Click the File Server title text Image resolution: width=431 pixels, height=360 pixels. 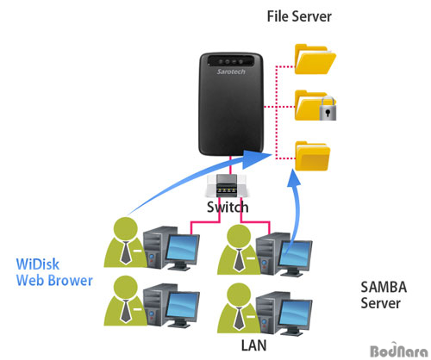coord(299,16)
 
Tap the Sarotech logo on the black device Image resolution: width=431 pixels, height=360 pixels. coord(231,71)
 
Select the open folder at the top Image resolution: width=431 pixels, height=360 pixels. coord(315,59)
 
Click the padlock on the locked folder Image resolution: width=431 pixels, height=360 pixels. coord(328,109)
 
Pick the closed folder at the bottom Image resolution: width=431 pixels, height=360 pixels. coord(312,156)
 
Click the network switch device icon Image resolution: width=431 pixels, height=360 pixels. coord(228,185)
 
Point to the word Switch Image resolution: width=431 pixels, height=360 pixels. coord(228,208)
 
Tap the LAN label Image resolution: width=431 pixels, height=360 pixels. coord(253,345)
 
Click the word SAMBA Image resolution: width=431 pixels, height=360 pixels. coord(384,287)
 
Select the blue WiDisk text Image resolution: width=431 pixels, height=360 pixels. coord(38,264)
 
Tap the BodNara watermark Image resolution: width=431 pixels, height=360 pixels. coord(399,351)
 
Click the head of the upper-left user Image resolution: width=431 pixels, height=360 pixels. coord(126,228)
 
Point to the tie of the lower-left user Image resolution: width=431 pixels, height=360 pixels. coord(126,311)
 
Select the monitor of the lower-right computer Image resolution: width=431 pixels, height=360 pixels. coord(295,313)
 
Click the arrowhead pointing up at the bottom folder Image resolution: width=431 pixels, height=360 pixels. coord(294,178)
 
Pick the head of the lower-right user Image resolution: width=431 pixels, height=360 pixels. coord(239,295)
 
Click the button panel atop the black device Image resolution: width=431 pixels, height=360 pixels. coord(231,61)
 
